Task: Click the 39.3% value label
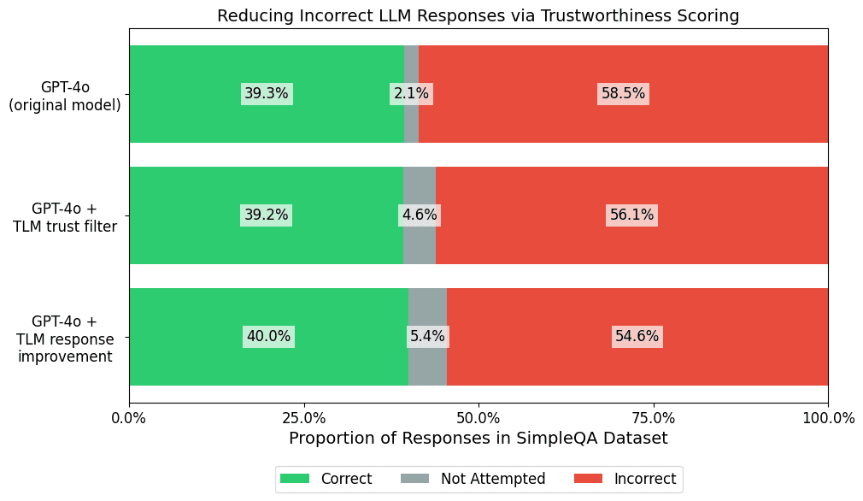click(x=266, y=94)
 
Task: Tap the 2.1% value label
click(x=411, y=94)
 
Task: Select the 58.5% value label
click(x=623, y=94)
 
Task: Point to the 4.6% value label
click(x=420, y=215)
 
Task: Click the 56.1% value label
click(x=631, y=215)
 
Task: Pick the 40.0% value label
click(x=268, y=337)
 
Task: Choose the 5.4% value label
click(x=427, y=337)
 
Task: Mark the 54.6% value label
click(x=637, y=337)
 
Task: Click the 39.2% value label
click(x=266, y=215)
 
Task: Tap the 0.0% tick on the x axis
click(x=129, y=418)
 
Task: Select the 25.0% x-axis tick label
click(x=304, y=418)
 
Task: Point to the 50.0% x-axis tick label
click(x=478, y=418)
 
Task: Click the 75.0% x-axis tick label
click(x=654, y=418)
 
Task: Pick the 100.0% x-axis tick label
click(x=828, y=418)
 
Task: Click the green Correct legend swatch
click(x=295, y=479)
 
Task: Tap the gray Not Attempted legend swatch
click(x=415, y=479)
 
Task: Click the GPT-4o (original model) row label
click(x=65, y=96)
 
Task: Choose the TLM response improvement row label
click(x=65, y=339)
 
